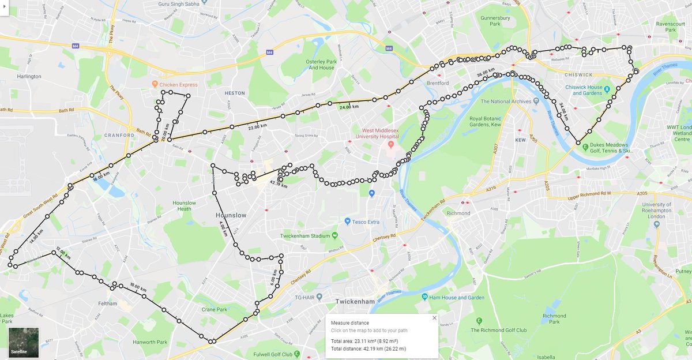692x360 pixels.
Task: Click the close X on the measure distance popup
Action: (x=434, y=318)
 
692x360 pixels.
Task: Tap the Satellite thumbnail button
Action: (x=24, y=343)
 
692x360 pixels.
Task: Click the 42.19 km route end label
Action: (x=278, y=185)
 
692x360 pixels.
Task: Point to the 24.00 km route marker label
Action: (x=348, y=107)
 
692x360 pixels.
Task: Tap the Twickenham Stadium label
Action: (x=304, y=235)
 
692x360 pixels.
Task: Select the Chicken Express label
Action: (x=179, y=85)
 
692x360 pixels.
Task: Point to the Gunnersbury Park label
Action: (x=495, y=21)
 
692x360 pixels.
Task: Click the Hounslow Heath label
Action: (x=184, y=206)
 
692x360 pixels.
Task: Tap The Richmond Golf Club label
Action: (x=499, y=330)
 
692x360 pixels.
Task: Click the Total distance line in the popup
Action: (x=368, y=348)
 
